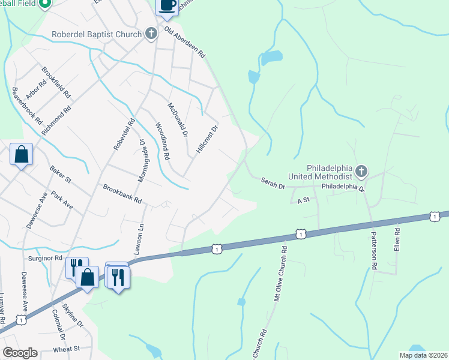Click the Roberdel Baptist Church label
pyautogui.click(x=96, y=34)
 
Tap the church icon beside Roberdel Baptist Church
pyautogui.click(x=150, y=34)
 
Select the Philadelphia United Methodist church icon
pyautogui.click(x=361, y=172)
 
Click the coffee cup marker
pyautogui.click(x=167, y=5)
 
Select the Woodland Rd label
pyautogui.click(x=162, y=141)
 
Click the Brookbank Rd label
pyautogui.click(x=122, y=193)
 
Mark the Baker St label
pyautogui.click(x=61, y=174)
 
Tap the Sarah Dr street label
pyautogui.click(x=273, y=183)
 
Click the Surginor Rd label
pyautogui.click(x=46, y=258)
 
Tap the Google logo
pyautogui.click(x=19, y=353)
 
